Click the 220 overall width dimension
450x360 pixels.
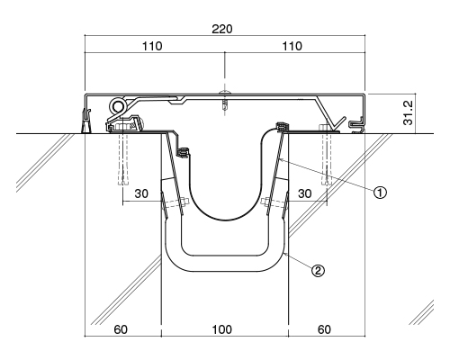click(222, 29)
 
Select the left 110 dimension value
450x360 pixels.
click(152, 46)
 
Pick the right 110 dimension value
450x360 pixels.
click(292, 46)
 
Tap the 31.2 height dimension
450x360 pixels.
click(409, 112)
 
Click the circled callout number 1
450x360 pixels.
click(380, 193)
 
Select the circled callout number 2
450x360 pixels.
click(318, 271)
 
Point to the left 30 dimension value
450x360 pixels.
click(141, 193)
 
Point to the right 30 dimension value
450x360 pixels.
click(304, 193)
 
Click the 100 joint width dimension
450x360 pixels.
click(222, 329)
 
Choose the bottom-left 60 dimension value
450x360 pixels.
click(121, 329)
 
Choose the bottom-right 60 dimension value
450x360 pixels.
click(324, 329)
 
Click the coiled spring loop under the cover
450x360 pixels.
click(118, 106)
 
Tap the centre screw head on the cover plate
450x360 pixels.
click(225, 92)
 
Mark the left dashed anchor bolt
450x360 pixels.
click(123, 158)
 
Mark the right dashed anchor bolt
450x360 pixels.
click(327, 156)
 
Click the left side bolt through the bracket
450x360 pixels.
click(174, 203)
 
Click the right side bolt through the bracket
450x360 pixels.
click(274, 202)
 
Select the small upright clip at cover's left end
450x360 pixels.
click(85, 121)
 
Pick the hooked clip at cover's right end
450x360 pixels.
click(357, 125)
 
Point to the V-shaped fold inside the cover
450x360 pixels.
click(337, 122)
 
